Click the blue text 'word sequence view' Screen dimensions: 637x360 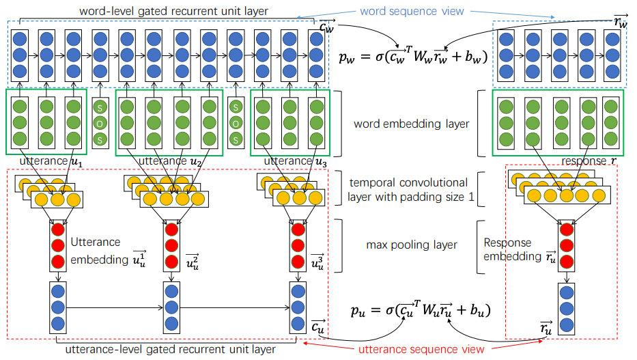[412, 11]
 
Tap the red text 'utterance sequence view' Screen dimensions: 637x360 [421, 349]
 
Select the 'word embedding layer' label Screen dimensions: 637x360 [411, 124]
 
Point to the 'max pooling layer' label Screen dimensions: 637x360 [412, 245]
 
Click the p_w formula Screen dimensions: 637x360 [413, 56]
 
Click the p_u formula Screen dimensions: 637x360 [421, 309]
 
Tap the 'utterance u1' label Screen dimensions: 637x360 [51, 161]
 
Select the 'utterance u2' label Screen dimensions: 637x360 [170, 161]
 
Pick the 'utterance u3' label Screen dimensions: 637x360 [296, 161]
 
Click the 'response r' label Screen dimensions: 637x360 [589, 161]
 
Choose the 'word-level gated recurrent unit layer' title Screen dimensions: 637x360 [173, 11]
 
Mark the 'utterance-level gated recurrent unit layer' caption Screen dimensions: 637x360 [170, 350]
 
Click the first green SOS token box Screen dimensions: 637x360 [100, 123]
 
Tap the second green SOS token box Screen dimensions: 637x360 [236, 123]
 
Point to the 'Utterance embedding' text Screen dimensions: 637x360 [108, 252]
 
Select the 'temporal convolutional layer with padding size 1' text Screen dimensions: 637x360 [410, 190]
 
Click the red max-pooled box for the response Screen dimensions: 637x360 [566, 246]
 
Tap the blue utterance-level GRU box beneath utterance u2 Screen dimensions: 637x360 [171, 307]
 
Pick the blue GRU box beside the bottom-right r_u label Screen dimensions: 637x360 [566, 309]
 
